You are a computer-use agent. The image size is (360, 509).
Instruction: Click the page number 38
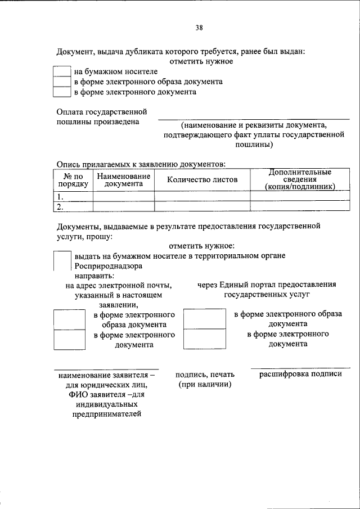(x=200, y=28)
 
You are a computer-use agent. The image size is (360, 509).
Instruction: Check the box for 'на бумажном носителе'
(x=61, y=71)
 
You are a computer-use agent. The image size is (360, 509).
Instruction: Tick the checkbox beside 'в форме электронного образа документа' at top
(x=61, y=82)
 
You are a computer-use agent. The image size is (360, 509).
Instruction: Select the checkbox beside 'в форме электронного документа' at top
(x=61, y=92)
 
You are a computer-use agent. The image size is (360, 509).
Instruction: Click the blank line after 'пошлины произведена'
(x=253, y=118)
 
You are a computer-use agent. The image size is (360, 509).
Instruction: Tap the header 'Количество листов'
(x=202, y=179)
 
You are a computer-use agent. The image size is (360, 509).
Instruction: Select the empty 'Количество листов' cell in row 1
(x=202, y=196)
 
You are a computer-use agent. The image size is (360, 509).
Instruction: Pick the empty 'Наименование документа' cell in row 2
(x=123, y=206)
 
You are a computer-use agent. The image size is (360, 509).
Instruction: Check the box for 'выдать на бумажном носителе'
(x=62, y=260)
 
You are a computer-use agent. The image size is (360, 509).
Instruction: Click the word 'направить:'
(x=94, y=276)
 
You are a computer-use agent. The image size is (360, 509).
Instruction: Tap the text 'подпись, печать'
(x=205, y=375)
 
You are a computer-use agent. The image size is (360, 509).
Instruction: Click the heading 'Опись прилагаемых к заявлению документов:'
(x=141, y=164)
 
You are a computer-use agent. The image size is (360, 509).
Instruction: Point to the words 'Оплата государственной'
(x=102, y=112)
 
